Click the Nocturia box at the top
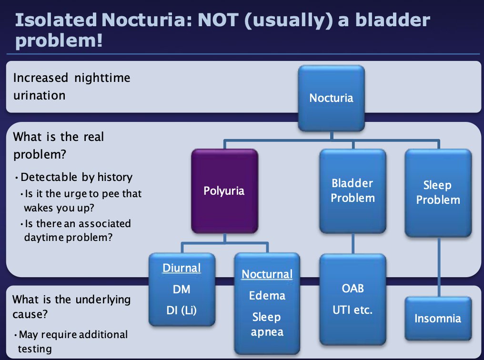331,98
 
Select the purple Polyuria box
224,190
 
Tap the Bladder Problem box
353,190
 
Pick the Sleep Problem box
438,192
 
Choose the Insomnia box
438,318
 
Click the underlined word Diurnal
181,268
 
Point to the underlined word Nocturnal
267,274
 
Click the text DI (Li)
181,310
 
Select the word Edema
267,296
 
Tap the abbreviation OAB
353,289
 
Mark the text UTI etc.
353,310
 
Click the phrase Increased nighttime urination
71,86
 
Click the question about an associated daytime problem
76,230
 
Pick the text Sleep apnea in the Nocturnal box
267,324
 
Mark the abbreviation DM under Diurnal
181,289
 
